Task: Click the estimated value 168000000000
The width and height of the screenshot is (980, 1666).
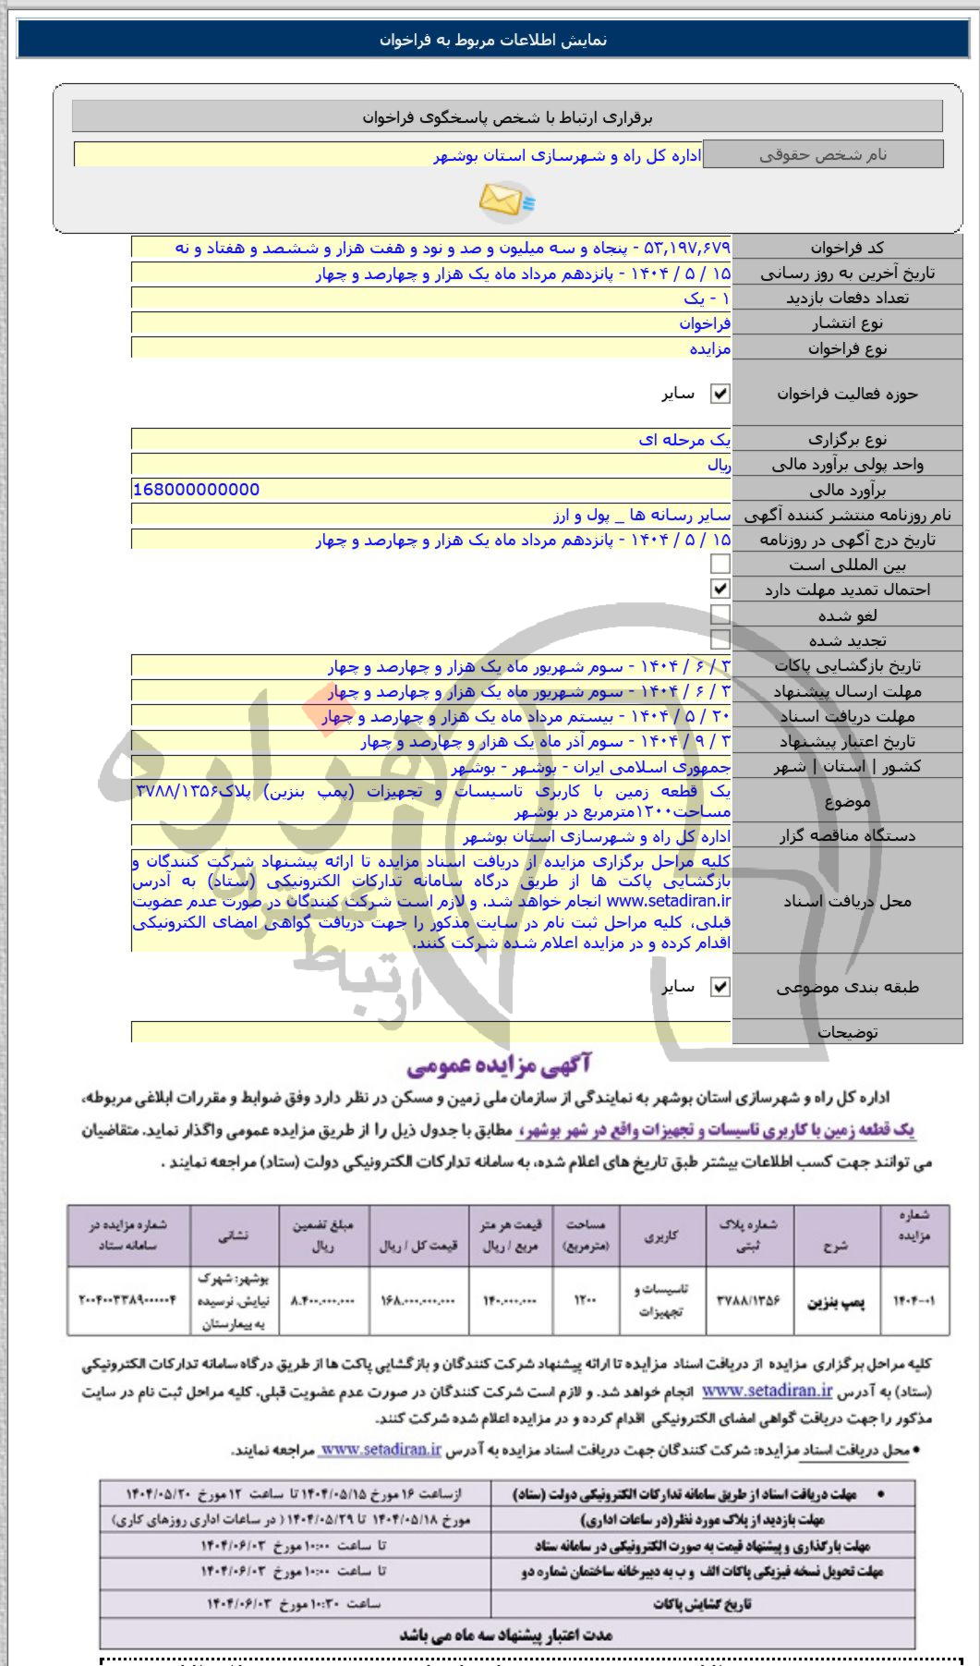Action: click(196, 490)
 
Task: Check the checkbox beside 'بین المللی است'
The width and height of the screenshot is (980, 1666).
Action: click(720, 564)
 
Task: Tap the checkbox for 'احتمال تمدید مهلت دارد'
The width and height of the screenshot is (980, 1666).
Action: click(720, 589)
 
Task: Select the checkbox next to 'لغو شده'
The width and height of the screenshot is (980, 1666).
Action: click(720, 614)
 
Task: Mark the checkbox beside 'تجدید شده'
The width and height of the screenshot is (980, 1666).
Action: click(720, 639)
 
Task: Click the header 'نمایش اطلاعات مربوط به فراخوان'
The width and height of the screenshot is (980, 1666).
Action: click(492, 40)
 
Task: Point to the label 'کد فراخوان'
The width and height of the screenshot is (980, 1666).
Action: click(847, 248)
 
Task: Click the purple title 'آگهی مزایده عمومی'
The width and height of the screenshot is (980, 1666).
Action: click(499, 1066)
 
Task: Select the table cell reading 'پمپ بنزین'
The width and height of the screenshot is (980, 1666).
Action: click(837, 1301)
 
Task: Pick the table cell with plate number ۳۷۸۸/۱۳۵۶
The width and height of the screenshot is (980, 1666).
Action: click(748, 1300)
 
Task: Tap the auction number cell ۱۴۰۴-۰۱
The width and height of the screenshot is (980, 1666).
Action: click(913, 1300)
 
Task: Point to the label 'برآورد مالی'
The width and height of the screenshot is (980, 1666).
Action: click(847, 490)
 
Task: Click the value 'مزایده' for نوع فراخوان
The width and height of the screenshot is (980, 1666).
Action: click(710, 348)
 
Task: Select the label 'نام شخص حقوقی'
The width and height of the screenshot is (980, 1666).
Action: click(823, 154)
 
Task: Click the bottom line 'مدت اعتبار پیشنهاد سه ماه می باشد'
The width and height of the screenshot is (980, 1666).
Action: click(506, 1635)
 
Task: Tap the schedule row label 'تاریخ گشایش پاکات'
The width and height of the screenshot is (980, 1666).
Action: click(702, 1603)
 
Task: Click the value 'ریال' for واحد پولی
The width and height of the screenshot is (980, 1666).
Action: click(719, 465)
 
